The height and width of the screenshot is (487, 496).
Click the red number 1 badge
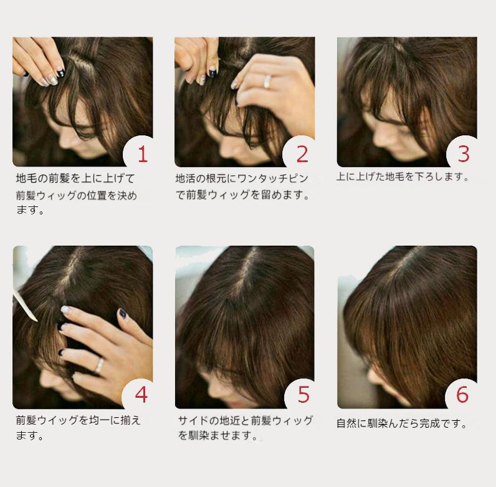(x=143, y=154)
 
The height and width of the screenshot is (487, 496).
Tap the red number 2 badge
(x=302, y=154)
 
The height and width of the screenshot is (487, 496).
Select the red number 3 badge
(x=464, y=154)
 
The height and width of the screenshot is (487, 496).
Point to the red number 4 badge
(x=141, y=395)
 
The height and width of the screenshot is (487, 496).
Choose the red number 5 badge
(x=303, y=395)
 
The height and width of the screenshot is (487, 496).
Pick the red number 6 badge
(x=462, y=395)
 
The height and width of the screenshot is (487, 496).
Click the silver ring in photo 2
(x=267, y=82)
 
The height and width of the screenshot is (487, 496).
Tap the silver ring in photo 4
(x=100, y=365)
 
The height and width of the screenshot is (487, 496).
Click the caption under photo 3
(x=403, y=176)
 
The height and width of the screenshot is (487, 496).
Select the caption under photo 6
(x=402, y=423)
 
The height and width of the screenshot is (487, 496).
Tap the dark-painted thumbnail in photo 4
(x=122, y=313)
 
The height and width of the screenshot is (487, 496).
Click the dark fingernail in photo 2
(x=212, y=73)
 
